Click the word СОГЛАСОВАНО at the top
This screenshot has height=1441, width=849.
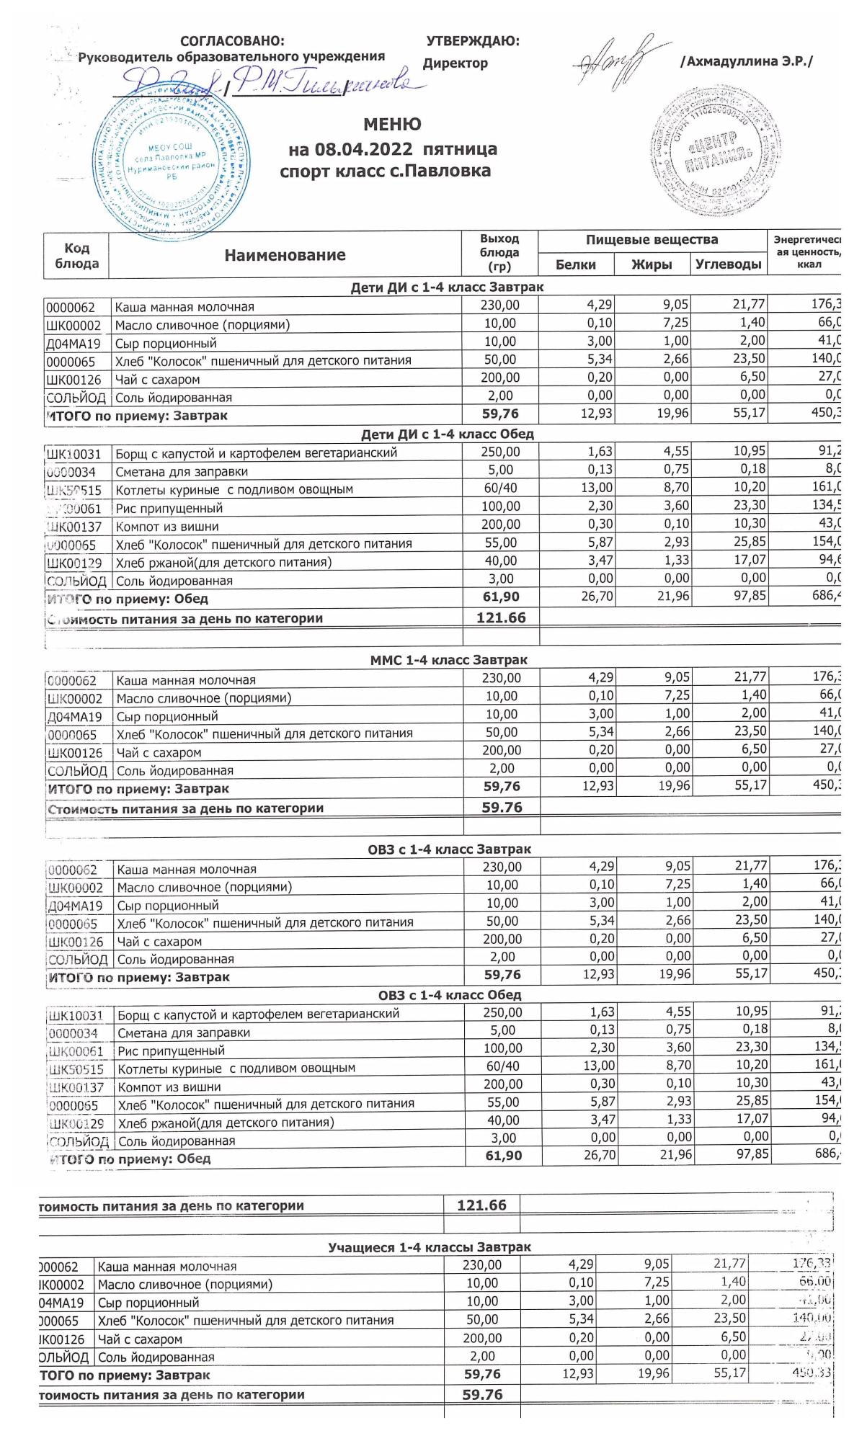pyautogui.click(x=232, y=42)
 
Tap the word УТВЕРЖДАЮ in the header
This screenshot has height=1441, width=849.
pyautogui.click(x=473, y=42)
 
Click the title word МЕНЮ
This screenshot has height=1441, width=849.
pyautogui.click(x=392, y=125)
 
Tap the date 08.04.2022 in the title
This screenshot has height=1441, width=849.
pyautogui.click(x=364, y=150)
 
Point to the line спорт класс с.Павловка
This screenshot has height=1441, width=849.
pyautogui.click(x=386, y=171)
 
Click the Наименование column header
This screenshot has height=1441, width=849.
pyautogui.click(x=285, y=255)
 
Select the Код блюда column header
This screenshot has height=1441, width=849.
pyautogui.click(x=76, y=255)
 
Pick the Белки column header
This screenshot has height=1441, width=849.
pyautogui.click(x=576, y=264)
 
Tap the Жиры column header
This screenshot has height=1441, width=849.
pyautogui.click(x=652, y=264)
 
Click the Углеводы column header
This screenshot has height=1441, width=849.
pyautogui.click(x=729, y=264)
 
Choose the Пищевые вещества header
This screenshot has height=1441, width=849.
pyautogui.click(x=652, y=240)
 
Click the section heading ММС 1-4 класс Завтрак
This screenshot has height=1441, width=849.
pyautogui.click(x=448, y=660)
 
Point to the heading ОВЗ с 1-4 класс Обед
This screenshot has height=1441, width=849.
pyautogui.click(x=450, y=995)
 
